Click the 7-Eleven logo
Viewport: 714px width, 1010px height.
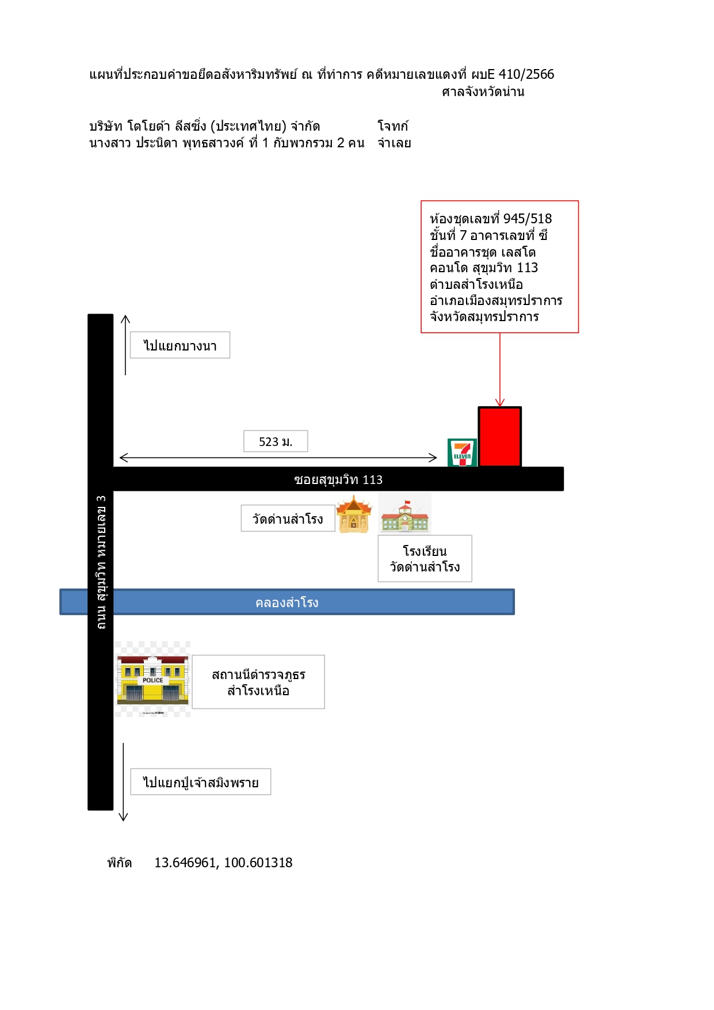point(462,452)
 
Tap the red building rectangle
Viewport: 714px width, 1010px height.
point(499,437)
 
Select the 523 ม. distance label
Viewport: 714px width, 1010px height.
point(276,441)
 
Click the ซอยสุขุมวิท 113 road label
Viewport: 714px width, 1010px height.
point(338,479)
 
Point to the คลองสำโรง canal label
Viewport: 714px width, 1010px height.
point(287,603)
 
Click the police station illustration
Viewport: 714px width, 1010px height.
point(152,679)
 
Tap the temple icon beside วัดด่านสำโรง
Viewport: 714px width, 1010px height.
point(354,514)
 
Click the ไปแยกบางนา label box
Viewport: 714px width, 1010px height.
point(180,345)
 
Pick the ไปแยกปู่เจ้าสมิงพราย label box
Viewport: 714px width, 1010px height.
point(201,782)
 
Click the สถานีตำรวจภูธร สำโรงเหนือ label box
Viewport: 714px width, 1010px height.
point(258,682)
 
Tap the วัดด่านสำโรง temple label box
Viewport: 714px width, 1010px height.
point(288,519)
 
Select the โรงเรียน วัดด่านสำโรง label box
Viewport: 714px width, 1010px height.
point(425,559)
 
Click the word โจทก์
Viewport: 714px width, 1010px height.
point(393,126)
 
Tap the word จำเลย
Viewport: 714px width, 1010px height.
point(394,143)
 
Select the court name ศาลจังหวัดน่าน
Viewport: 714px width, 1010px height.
point(483,92)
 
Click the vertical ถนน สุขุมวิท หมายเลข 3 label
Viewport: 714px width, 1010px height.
point(101,562)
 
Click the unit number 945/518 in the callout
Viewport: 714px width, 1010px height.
point(528,219)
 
